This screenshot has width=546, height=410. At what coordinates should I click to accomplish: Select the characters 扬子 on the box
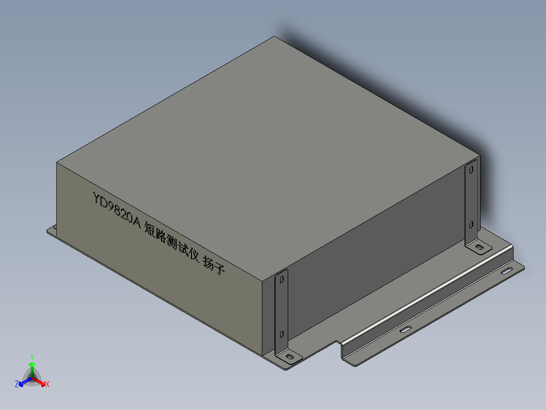[x=213, y=265]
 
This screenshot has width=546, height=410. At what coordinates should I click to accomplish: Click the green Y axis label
[x=31, y=356]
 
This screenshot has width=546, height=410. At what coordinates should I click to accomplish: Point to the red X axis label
[x=48, y=385]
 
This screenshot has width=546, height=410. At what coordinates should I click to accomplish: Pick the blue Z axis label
[x=17, y=385]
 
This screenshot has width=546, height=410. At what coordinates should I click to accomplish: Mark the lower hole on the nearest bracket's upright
[x=281, y=335]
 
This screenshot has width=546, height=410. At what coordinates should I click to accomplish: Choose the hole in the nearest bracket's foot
[x=289, y=358]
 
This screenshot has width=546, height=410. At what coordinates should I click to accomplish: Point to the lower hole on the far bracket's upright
[x=471, y=224]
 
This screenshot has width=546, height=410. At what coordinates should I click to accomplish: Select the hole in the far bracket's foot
[x=479, y=248]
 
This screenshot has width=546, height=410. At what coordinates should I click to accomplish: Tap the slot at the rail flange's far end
[x=507, y=271]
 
